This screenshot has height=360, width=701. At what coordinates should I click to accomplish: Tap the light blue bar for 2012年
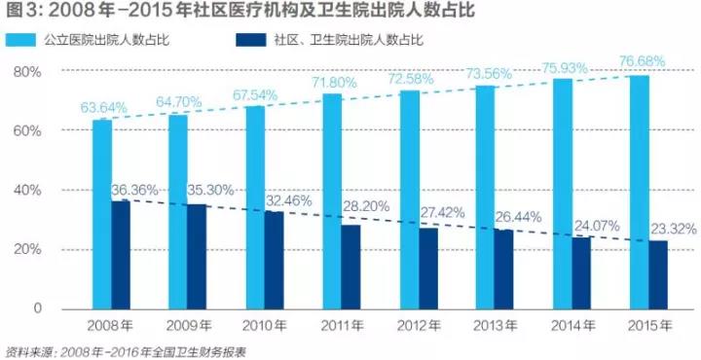click(x=409, y=199)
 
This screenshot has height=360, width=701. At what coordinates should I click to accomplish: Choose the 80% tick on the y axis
click(x=25, y=73)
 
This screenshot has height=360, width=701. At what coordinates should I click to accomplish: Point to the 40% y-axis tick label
click(x=25, y=191)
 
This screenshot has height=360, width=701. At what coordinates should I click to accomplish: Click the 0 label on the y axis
click(x=37, y=308)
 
